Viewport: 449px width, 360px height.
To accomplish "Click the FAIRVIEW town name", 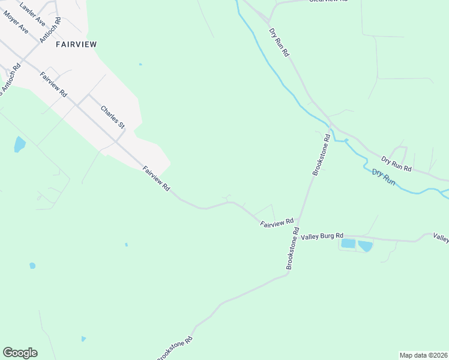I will pos(76,44).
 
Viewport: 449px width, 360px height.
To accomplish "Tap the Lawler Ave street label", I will pos(32,14).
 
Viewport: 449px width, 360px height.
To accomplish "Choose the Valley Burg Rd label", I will pos(322,236).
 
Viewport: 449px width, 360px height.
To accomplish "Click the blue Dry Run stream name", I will pos(384,177).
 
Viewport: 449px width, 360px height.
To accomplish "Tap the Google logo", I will pos(20,353).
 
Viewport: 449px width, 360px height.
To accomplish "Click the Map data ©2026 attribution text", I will pos(423,355).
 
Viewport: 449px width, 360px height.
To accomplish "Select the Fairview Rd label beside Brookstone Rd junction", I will pos(276,223).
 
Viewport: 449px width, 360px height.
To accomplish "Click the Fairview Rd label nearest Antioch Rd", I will pos(53,85).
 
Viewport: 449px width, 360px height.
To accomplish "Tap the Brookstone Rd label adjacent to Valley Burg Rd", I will pos(292,248).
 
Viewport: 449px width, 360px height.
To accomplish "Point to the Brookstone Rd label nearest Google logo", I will pos(175,349).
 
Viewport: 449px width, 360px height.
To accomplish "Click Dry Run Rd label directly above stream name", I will pos(396,164).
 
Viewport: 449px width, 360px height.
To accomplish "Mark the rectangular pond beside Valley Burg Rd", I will pos(348,244).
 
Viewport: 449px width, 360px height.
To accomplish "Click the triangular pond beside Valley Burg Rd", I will pos(364,245).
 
